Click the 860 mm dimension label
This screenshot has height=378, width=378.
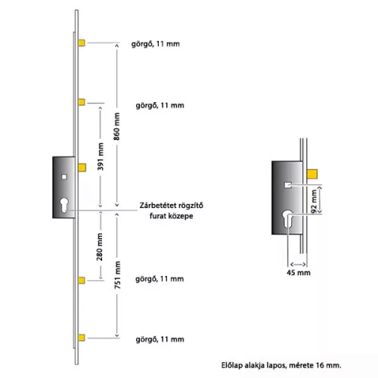click(x=116, y=126)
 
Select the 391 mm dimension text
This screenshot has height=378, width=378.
click(x=101, y=156)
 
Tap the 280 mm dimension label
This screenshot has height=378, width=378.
click(x=100, y=247)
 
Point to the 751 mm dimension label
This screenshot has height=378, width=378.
click(x=117, y=275)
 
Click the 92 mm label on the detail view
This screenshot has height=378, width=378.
click(x=314, y=201)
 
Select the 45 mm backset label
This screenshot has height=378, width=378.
click(x=299, y=272)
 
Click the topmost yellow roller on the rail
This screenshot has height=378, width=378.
click(x=82, y=42)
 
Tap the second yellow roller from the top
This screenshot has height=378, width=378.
click(x=82, y=102)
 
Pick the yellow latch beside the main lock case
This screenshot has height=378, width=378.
click(x=82, y=168)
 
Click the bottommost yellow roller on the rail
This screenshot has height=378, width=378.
click(x=82, y=337)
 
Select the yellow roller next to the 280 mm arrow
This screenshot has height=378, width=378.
click(x=82, y=280)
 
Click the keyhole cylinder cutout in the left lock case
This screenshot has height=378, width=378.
click(x=64, y=205)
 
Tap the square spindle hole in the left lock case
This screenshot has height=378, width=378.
click(x=64, y=177)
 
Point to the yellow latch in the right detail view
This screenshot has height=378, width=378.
click(x=312, y=175)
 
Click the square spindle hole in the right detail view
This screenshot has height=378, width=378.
click(x=287, y=185)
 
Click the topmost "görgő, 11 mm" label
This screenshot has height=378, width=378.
click(x=156, y=44)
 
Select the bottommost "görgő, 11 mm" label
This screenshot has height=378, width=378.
click(x=160, y=339)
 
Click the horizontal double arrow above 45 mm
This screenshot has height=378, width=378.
click(x=298, y=265)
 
